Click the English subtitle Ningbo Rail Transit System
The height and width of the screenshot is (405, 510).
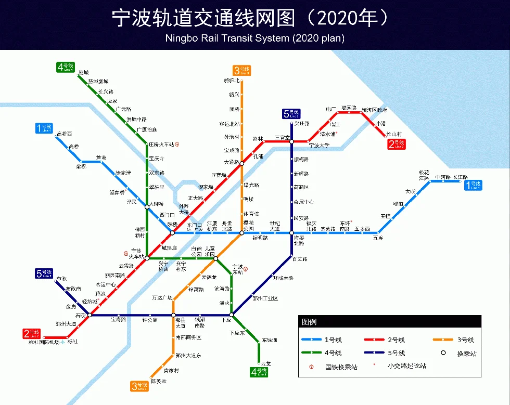255,38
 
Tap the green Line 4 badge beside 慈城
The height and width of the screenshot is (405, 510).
66,67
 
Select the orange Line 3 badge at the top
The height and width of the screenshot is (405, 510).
242,70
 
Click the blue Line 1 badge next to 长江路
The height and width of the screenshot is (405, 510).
474,185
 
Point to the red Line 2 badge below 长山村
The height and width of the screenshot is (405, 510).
397,144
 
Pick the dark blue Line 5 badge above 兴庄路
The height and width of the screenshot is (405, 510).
291,114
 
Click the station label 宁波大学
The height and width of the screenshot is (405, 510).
319,146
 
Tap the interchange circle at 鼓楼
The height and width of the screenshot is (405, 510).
172,232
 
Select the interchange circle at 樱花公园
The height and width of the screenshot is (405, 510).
241,232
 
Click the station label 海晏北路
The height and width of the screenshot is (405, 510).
298,240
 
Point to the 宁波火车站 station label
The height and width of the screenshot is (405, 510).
137,254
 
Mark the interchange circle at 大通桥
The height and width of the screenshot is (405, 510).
241,163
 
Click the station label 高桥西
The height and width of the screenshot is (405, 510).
65,134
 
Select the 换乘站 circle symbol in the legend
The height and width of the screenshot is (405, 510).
443,353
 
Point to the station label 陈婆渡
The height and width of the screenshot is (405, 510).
158,381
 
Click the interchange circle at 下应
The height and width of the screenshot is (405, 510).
232,315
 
